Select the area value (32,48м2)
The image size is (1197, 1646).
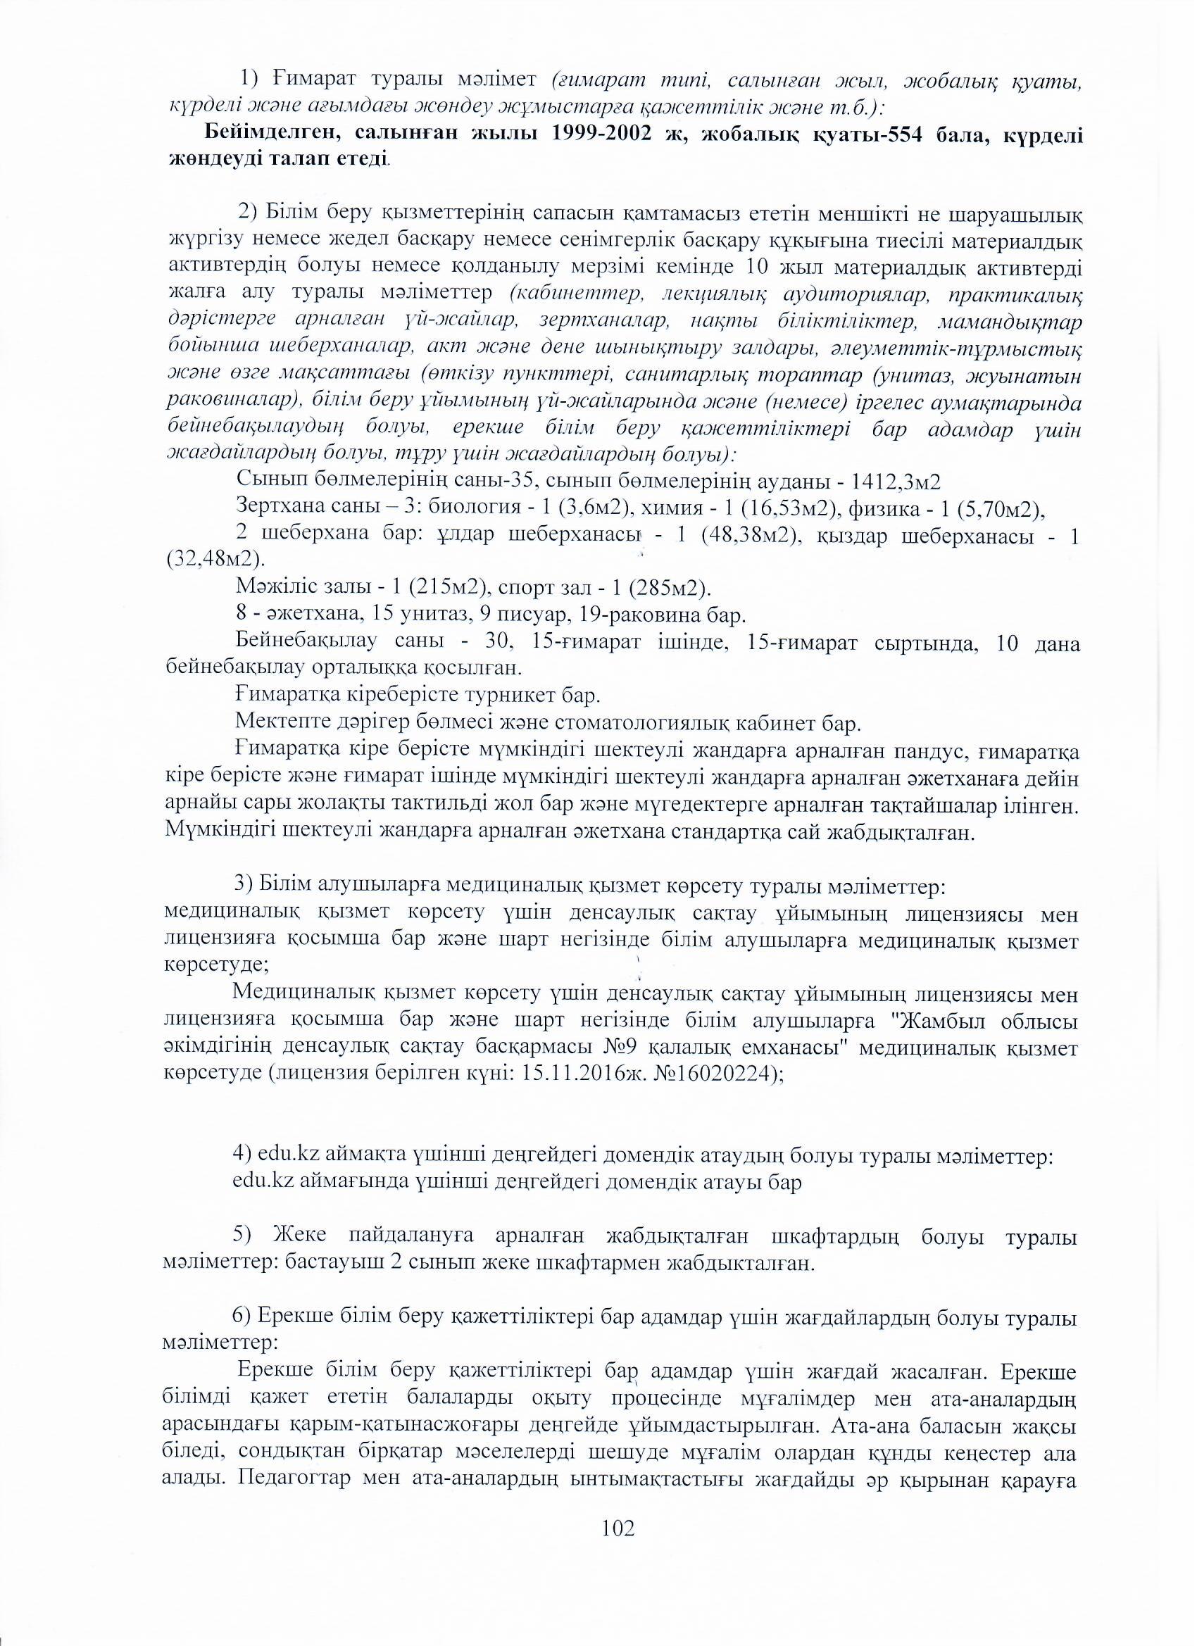[x=215, y=560]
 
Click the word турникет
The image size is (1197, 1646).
[x=526, y=697]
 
